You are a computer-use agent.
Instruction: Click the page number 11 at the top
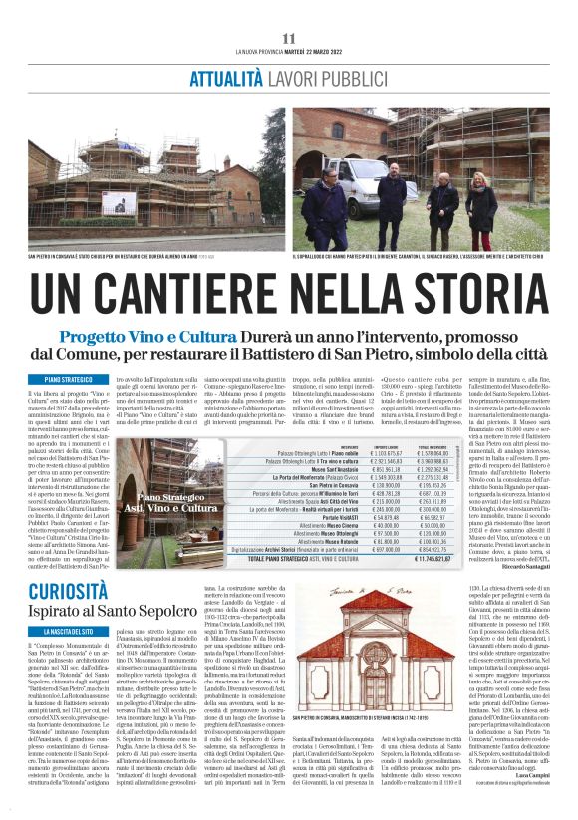[289, 38]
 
